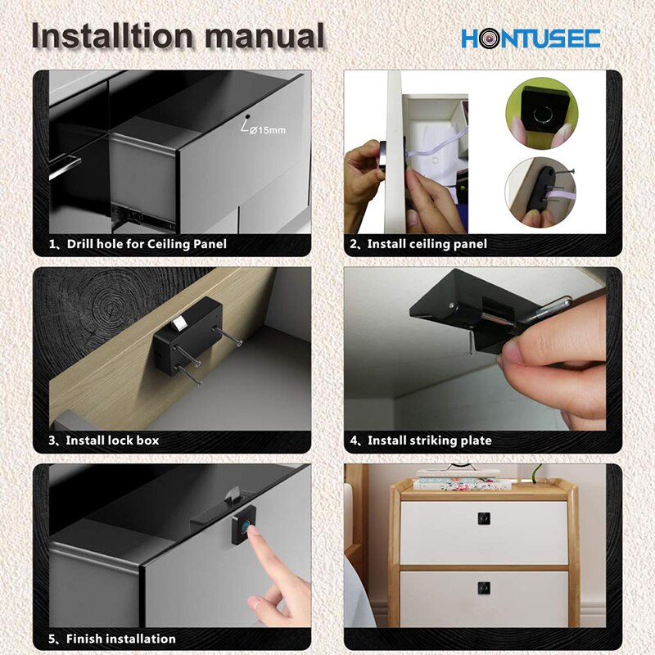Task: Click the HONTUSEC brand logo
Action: click(x=531, y=38)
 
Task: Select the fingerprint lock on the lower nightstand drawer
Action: click(x=483, y=588)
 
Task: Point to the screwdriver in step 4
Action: click(x=549, y=310)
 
